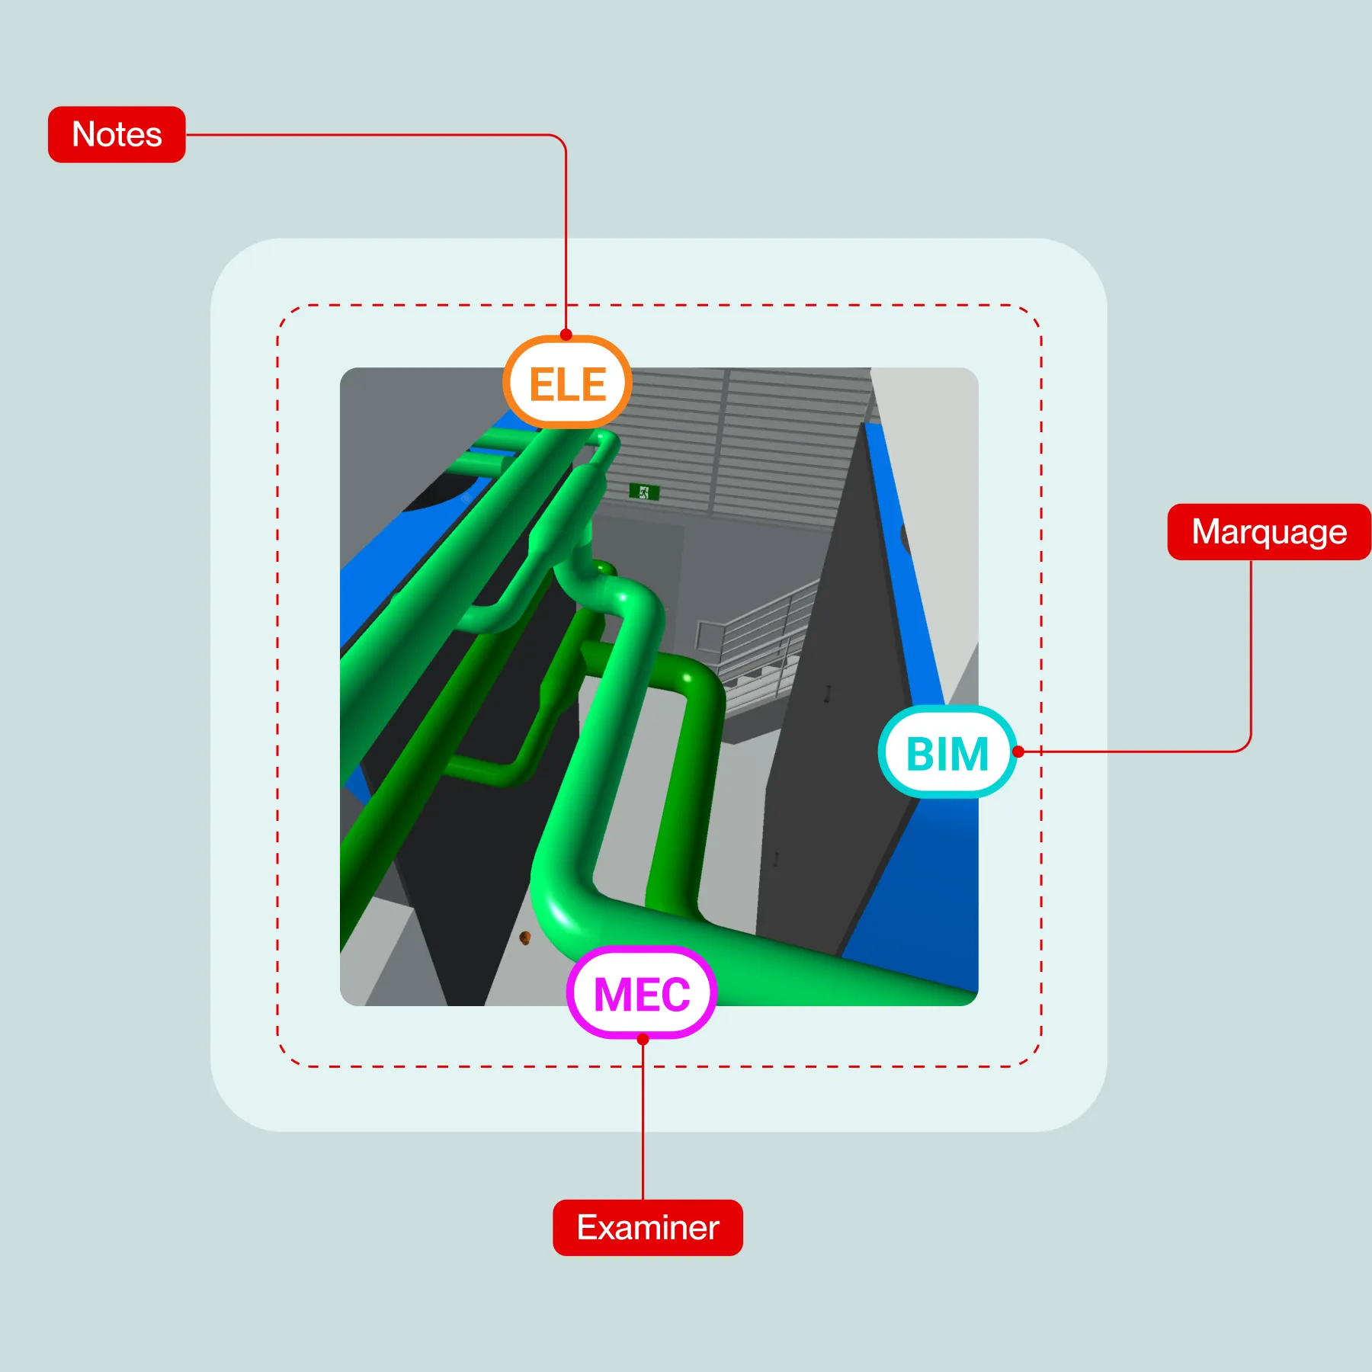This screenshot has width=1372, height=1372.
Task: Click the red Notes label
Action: pyautogui.click(x=117, y=134)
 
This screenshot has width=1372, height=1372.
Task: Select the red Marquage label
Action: pyautogui.click(x=1268, y=532)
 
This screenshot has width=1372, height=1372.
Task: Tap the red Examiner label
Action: pyautogui.click(x=647, y=1228)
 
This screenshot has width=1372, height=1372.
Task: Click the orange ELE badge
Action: pyautogui.click(x=567, y=383)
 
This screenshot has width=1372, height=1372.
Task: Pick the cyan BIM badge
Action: pyautogui.click(x=947, y=753)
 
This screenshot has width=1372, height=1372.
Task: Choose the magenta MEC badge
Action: pyautogui.click(x=641, y=993)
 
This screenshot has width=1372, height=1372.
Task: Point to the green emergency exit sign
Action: pyautogui.click(x=643, y=492)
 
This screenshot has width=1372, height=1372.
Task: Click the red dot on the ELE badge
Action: pyautogui.click(x=566, y=335)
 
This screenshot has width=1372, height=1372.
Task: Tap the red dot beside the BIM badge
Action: pyautogui.click(x=1018, y=752)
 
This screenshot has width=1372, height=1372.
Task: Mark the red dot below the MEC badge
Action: pyautogui.click(x=643, y=1039)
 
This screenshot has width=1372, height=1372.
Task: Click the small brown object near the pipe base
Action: pyautogui.click(x=524, y=937)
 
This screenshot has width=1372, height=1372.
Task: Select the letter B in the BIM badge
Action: pyautogui.click(x=920, y=755)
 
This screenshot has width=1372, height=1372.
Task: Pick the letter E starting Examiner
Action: pyautogui.click(x=587, y=1228)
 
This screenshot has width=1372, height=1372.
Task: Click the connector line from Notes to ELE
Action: pyautogui.click(x=381, y=135)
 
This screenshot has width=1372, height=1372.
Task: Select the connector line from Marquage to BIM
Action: pyautogui.click(x=1251, y=656)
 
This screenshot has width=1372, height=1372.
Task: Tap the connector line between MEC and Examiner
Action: pyautogui.click(x=643, y=1120)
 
